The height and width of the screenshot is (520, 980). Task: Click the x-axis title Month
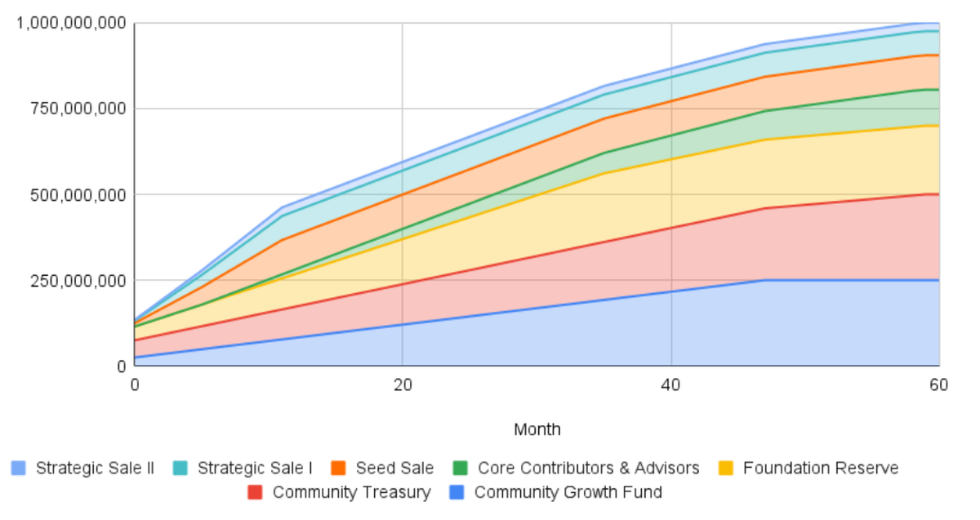click(537, 429)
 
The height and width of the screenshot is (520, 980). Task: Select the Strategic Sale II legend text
click(95, 468)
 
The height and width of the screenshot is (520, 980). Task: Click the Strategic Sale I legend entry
click(255, 468)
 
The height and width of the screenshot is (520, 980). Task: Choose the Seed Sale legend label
click(394, 468)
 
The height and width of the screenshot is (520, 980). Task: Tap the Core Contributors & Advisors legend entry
click(588, 468)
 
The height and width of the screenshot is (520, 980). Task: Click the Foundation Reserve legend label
click(820, 468)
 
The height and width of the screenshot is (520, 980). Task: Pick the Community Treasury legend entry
click(351, 492)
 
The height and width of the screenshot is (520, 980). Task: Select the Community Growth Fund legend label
click(568, 492)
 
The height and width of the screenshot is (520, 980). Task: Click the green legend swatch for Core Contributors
click(461, 469)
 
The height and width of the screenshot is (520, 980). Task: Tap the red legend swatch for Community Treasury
click(255, 493)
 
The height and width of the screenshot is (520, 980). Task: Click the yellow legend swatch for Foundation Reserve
click(725, 469)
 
